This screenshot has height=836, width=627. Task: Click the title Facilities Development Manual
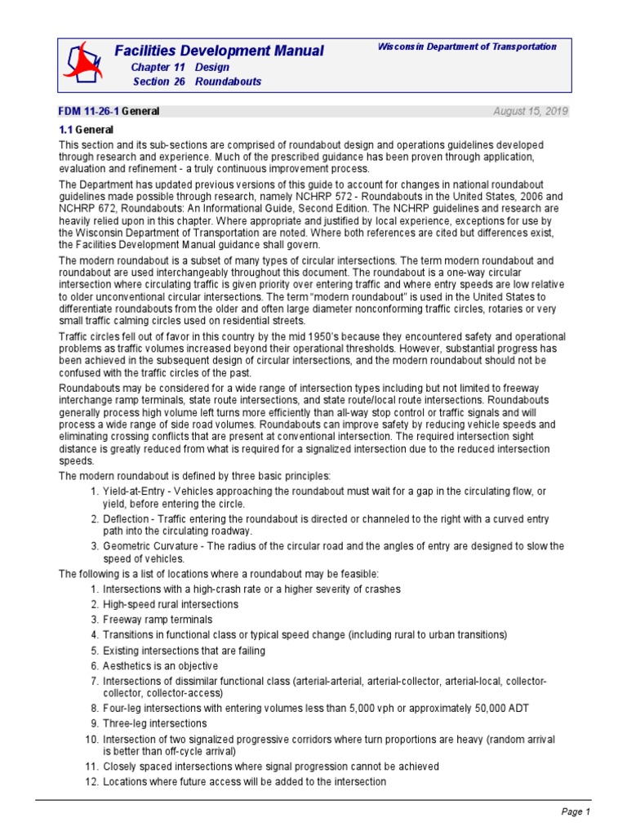tap(219, 51)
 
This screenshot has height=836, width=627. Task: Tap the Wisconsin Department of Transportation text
tap(467, 47)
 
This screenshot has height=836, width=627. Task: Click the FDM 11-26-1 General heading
tap(109, 111)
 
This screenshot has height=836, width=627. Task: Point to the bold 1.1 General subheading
tap(86, 130)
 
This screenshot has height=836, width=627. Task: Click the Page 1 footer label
tap(575, 812)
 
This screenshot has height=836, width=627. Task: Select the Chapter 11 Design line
tap(180, 67)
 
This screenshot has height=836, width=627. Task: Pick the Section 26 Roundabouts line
tap(197, 82)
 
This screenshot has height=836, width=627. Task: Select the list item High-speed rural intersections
tap(170, 604)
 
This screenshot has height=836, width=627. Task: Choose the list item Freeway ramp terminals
tap(158, 620)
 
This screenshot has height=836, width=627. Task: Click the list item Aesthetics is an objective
tap(160, 665)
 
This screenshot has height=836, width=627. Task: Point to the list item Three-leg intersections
tap(154, 723)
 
